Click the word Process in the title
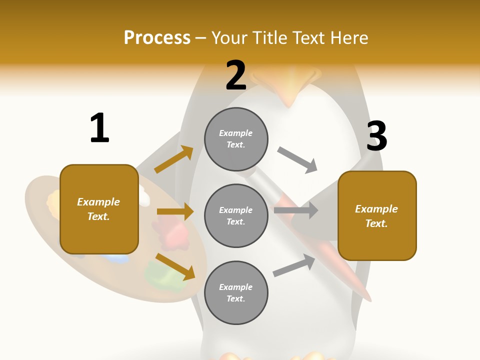click(x=157, y=38)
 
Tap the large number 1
click(x=99, y=128)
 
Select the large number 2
click(x=236, y=75)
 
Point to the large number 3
click(x=376, y=136)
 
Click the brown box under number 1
click(x=99, y=209)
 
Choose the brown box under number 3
click(x=377, y=215)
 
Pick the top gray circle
click(x=236, y=139)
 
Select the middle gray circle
click(x=236, y=215)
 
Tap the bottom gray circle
click(x=236, y=292)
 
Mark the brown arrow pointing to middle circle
click(x=175, y=212)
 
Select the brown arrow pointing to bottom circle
click(x=175, y=266)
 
